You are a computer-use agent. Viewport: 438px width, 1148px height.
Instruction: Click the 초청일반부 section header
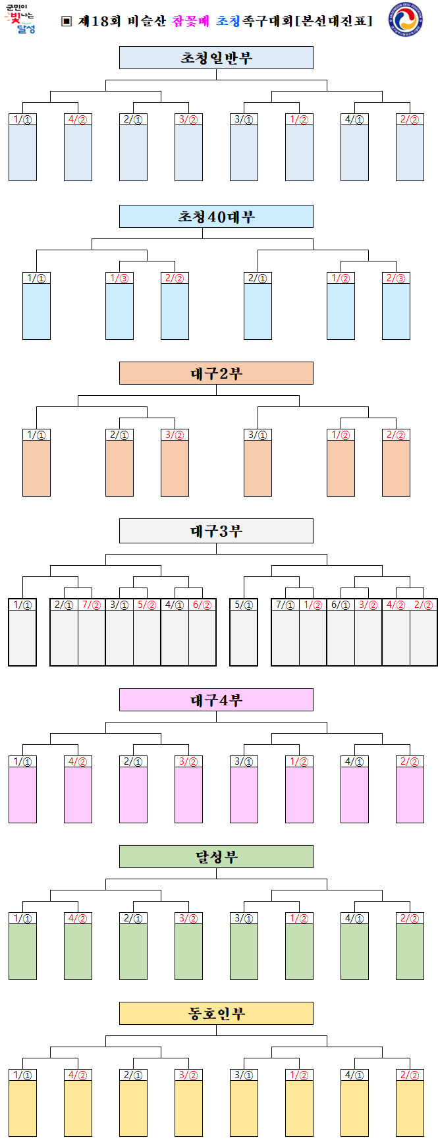(x=216, y=58)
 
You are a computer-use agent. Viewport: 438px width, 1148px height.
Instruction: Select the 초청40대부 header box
(x=216, y=217)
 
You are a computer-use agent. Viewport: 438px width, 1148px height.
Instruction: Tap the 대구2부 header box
(x=216, y=373)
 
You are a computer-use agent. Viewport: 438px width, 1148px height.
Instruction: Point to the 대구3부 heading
(x=216, y=531)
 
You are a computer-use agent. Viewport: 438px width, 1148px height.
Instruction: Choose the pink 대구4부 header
(x=216, y=700)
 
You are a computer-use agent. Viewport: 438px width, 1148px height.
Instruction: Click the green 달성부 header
(x=216, y=857)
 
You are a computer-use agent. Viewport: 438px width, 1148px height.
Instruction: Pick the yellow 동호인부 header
(x=216, y=1014)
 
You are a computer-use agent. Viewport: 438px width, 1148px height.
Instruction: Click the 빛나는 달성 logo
(x=20, y=20)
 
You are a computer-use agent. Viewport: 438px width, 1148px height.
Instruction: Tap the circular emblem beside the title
(x=406, y=22)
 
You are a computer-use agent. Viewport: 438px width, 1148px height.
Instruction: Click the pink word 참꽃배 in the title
(x=190, y=21)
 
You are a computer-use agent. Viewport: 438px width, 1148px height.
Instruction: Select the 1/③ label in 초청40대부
(x=119, y=278)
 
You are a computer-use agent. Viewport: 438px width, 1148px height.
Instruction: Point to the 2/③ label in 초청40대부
(x=396, y=278)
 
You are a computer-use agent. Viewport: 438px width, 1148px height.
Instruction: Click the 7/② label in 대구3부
(x=92, y=605)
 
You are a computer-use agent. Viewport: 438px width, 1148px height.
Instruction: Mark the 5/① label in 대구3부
(x=244, y=605)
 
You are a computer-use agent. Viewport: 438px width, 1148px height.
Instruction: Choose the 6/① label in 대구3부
(x=341, y=605)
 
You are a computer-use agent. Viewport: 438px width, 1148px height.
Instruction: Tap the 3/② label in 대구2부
(x=175, y=435)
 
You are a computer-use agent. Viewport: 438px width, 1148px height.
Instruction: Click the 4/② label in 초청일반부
(x=78, y=119)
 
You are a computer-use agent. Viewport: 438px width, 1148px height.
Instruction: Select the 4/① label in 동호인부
(x=354, y=1075)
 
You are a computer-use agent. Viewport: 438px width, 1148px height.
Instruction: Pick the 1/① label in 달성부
(x=22, y=918)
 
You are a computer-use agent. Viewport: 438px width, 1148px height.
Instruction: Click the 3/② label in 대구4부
(x=188, y=761)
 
